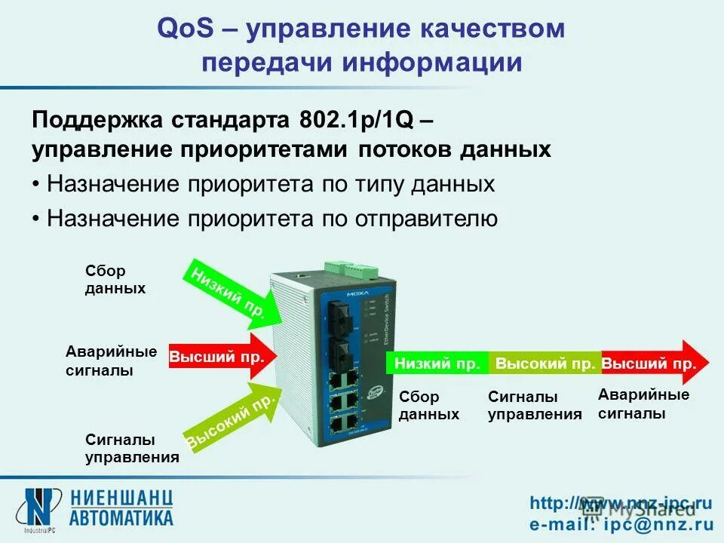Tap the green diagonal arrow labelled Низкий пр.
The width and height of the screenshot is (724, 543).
(x=225, y=293)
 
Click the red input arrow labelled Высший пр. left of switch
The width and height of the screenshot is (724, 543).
(x=216, y=357)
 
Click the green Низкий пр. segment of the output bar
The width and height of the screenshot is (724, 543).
(x=437, y=364)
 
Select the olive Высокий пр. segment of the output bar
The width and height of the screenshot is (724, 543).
(x=545, y=364)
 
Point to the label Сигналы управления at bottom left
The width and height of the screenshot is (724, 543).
(x=131, y=448)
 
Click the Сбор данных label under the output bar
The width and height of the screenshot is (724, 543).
(x=428, y=406)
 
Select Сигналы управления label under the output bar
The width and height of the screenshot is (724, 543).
(x=535, y=406)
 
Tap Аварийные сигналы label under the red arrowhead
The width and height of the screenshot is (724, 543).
(x=643, y=404)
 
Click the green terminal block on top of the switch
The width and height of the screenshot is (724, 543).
(x=348, y=269)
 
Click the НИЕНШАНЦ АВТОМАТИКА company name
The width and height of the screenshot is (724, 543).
(x=122, y=507)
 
